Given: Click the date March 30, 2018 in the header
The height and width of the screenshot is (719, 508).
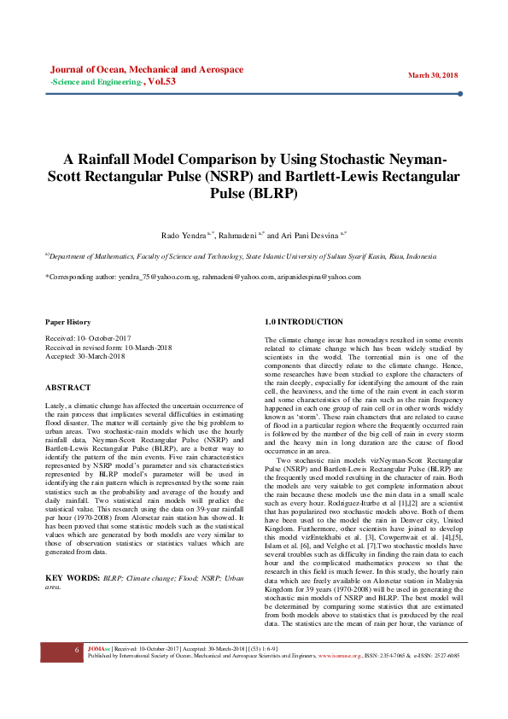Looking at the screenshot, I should [433, 75].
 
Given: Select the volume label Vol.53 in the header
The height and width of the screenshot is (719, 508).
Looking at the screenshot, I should [161, 82].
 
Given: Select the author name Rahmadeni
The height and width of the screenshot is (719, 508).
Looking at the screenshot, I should [240, 234].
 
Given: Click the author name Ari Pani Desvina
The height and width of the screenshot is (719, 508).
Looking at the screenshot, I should [309, 234].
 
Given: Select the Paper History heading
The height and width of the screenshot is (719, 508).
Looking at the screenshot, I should [67, 322].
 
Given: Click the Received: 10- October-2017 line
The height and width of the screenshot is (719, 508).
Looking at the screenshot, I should [87, 339].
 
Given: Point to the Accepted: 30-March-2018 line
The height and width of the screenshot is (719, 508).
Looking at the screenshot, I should [85, 356].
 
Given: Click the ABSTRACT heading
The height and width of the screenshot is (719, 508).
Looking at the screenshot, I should [67, 387].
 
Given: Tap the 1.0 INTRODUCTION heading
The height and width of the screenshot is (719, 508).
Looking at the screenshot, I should [304, 322].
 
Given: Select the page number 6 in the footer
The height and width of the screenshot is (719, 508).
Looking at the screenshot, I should [76, 674].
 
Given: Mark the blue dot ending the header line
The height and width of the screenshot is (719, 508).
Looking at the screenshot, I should [460, 94].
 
